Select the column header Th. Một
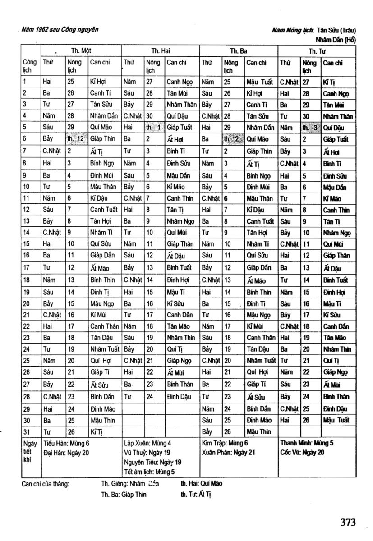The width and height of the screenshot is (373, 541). click(x=81, y=51)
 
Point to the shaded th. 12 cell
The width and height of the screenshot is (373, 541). click(x=76, y=139)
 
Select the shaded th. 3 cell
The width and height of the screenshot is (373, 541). click(x=310, y=128)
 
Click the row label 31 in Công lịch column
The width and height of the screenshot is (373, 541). click(x=26, y=431)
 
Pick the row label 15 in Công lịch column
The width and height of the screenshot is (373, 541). click(x=26, y=244)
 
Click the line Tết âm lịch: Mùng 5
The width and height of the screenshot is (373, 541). click(x=149, y=472)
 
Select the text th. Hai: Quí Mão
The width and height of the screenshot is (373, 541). click(x=201, y=483)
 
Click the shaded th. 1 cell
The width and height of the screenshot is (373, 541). click(x=153, y=128)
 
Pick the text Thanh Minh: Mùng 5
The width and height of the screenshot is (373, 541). click(x=307, y=443)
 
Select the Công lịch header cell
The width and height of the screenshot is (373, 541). click(x=30, y=66)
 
